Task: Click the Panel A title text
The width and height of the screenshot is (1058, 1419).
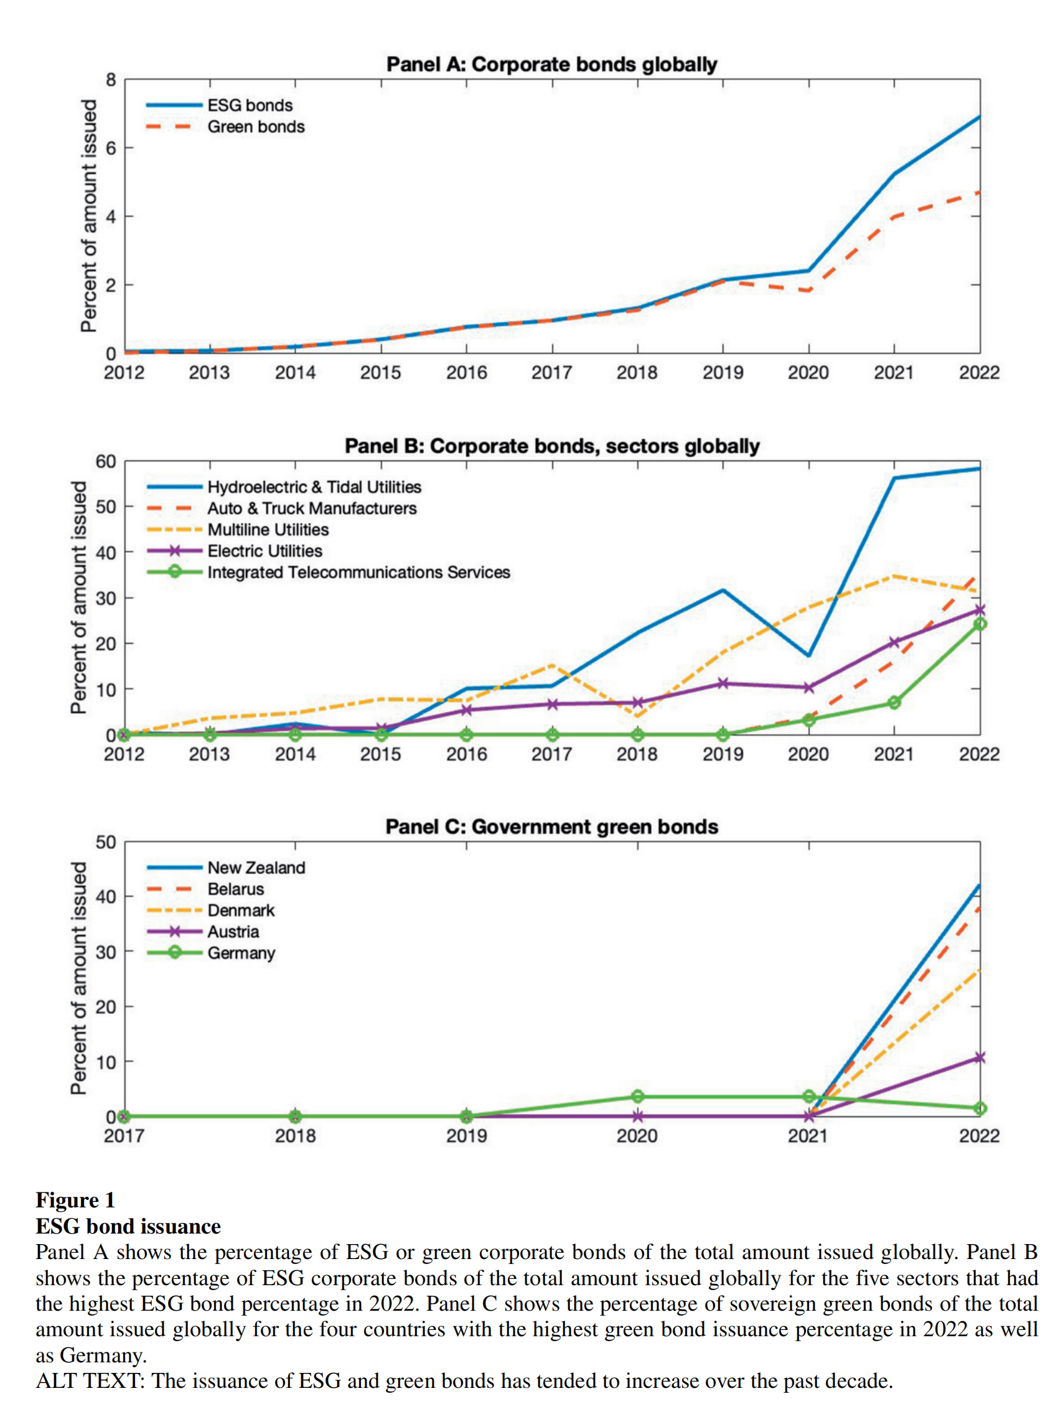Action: tap(551, 65)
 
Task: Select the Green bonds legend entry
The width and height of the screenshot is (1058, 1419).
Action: tap(256, 127)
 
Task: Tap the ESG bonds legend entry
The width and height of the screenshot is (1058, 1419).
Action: tap(250, 106)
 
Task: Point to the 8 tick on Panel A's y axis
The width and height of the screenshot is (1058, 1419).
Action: tap(111, 80)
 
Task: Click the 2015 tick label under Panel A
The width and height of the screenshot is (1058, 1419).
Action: tap(380, 373)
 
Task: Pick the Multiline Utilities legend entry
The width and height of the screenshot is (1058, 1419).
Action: tap(268, 530)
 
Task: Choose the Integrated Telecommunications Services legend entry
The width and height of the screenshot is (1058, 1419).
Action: tap(358, 573)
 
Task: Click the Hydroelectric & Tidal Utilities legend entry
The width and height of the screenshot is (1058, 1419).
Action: tap(314, 487)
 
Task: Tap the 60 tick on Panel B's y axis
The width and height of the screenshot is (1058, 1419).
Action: tap(106, 461)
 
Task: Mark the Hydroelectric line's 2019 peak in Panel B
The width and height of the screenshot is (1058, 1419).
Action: tap(723, 590)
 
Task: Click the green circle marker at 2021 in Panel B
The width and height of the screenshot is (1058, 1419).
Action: tap(894, 703)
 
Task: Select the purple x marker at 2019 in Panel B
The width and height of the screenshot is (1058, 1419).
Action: tap(723, 683)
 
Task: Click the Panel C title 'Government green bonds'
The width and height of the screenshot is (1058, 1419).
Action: tap(551, 827)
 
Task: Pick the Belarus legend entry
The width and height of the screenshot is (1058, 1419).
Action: tap(236, 889)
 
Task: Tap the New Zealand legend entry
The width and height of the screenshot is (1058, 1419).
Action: tap(256, 868)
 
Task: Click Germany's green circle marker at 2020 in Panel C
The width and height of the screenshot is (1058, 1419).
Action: tap(637, 1096)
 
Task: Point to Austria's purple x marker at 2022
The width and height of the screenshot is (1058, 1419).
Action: tap(979, 1057)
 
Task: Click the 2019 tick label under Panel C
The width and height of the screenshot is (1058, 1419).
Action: tap(466, 1135)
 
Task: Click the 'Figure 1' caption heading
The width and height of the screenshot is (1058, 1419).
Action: tap(75, 1199)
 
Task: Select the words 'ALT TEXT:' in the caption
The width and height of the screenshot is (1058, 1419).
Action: tap(90, 1380)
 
